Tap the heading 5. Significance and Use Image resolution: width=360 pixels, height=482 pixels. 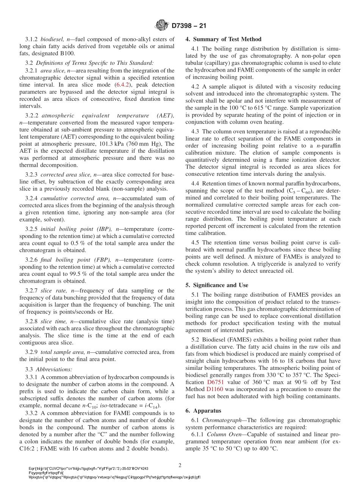pyautogui.click(x=217, y=285)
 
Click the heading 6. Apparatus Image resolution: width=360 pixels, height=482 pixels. pyautogui.click(x=203, y=410)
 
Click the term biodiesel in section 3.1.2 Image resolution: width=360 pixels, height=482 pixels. pyautogui.click(x=52, y=39)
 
